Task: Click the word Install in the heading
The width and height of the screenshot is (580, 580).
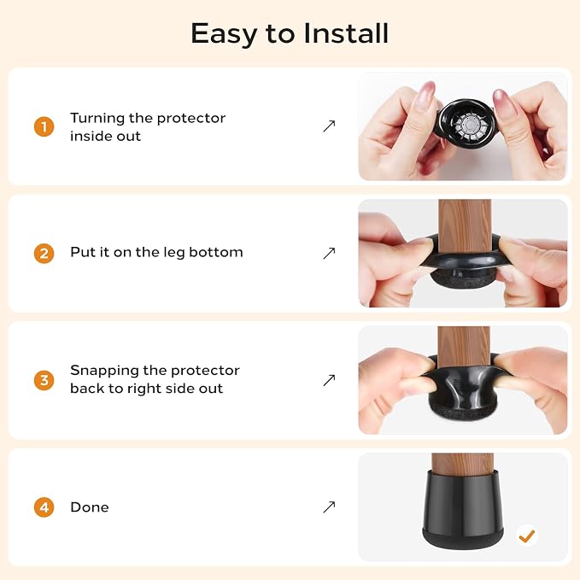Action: (346, 33)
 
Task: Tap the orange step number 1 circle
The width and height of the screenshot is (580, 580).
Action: (44, 126)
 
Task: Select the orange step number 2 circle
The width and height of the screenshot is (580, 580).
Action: (44, 254)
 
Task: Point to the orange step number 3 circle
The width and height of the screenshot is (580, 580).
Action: (44, 380)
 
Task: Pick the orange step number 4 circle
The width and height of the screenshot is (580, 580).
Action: (44, 507)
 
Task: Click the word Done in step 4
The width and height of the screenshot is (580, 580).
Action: (90, 507)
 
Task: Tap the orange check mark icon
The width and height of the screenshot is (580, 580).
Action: (527, 536)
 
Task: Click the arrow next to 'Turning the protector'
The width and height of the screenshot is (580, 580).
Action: (329, 126)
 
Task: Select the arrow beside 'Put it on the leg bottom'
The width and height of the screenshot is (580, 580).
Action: (329, 254)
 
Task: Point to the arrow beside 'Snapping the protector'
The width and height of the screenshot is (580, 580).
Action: (329, 380)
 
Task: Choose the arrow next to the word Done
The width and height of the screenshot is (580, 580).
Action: (329, 507)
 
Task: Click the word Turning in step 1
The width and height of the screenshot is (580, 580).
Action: (97, 119)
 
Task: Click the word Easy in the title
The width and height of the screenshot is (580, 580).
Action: (224, 34)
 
